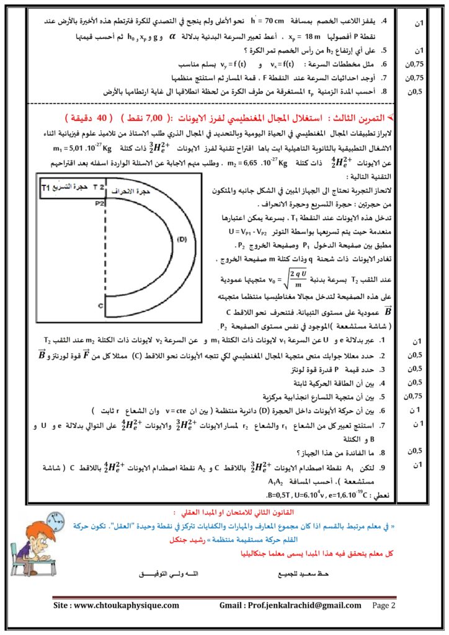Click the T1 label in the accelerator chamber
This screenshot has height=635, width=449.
(45, 187)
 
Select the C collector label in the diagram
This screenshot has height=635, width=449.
(99, 306)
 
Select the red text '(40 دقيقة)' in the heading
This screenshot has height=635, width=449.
(92, 117)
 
